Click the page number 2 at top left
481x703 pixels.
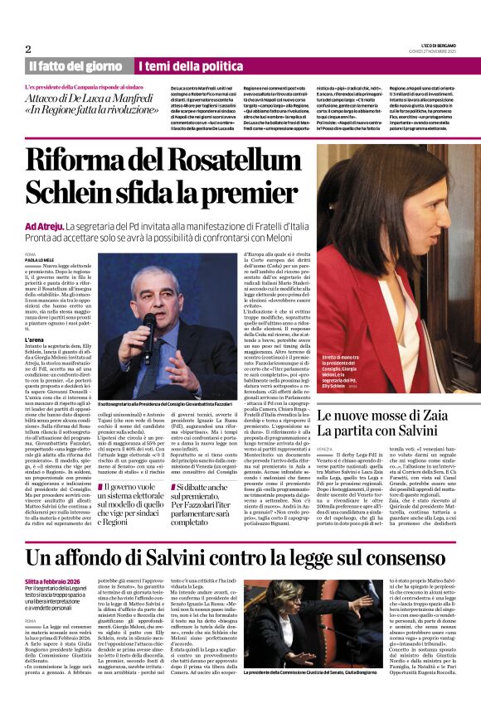pos(28,49)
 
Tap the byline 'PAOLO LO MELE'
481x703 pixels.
pos(41,258)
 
